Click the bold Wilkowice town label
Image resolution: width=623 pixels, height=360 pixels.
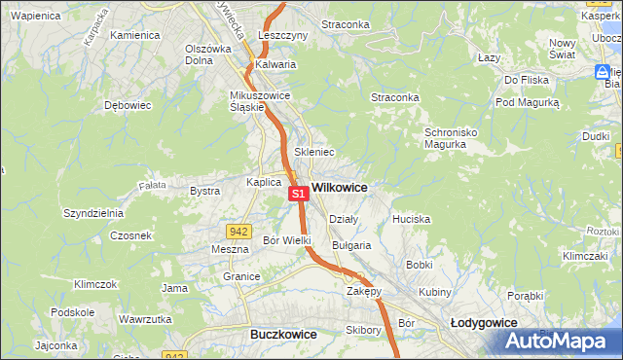pos(340,186)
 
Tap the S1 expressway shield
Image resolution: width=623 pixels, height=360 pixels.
pos(299,194)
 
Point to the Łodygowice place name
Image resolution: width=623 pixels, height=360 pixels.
pos(485,321)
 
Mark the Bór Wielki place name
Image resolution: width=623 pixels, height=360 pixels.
pos(287,239)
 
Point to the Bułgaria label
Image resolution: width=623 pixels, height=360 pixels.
pos(351,245)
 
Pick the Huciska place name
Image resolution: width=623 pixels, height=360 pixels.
pos(411,219)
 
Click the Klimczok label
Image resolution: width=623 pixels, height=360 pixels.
pos(95,284)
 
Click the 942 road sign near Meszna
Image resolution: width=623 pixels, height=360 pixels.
pos(238,231)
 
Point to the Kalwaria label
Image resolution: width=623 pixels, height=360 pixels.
pos(275,65)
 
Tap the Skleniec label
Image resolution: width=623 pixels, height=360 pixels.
pos(314,152)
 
